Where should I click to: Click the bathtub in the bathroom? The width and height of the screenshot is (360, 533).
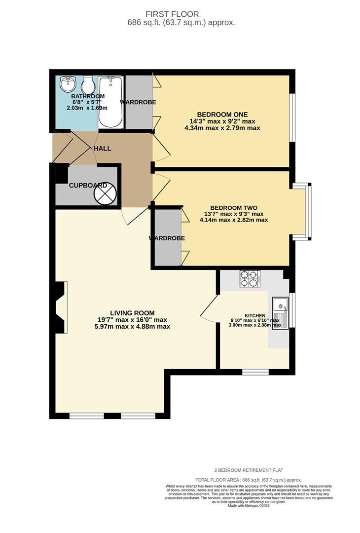click(110, 102)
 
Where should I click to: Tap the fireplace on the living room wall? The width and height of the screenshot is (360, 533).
click(60, 307)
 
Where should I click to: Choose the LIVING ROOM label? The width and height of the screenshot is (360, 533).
click(132, 313)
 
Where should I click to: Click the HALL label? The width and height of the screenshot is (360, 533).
click(102, 149)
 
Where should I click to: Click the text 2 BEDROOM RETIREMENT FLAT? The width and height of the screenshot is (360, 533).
click(248, 470)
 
